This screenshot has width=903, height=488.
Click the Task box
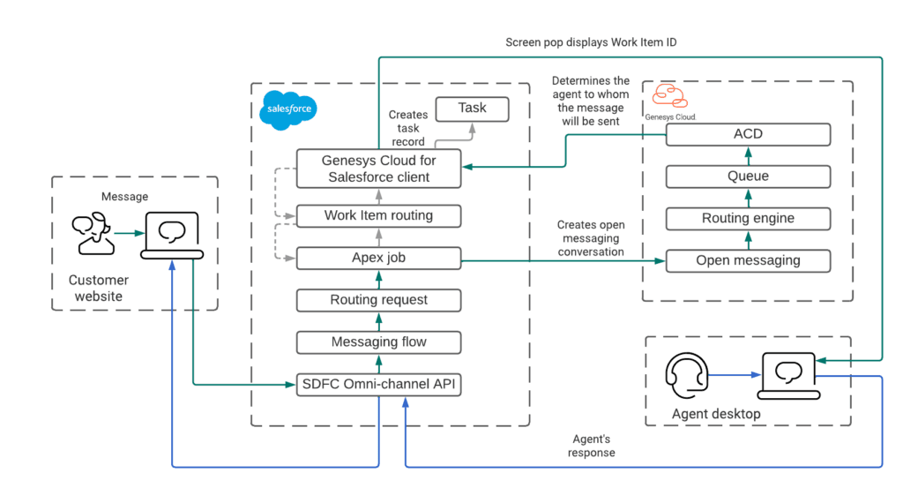(472, 109)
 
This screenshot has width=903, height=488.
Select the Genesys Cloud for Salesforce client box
(378, 169)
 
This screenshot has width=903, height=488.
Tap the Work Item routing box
(378, 215)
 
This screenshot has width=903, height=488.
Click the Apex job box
(378, 258)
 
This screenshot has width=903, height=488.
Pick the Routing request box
(378, 300)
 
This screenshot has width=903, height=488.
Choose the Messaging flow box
(378, 342)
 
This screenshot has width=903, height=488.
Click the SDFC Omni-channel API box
(378, 385)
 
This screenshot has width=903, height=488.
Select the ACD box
(748, 134)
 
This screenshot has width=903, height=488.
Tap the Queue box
(748, 176)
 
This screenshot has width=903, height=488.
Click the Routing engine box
(748, 218)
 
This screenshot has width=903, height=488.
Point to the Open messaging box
(748, 260)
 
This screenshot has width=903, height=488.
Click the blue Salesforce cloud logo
(288, 110)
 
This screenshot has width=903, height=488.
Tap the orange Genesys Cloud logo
(670, 96)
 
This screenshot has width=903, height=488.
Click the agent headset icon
(686, 375)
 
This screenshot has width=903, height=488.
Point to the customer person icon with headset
(91, 234)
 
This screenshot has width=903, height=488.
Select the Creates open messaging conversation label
(590, 238)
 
